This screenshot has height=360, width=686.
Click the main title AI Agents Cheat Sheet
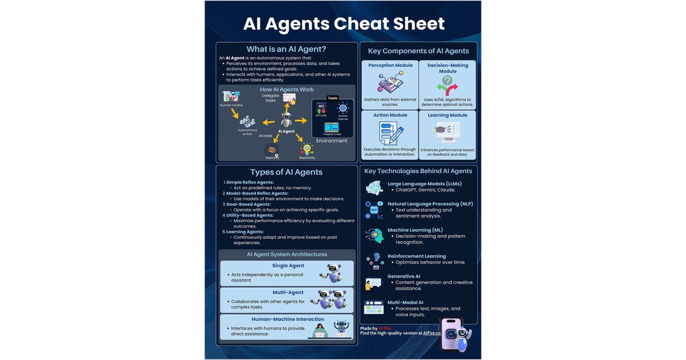[344, 23]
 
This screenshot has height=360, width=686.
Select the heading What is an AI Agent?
[286, 49]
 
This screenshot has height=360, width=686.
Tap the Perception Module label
[390, 65]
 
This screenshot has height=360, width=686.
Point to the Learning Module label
[447, 115]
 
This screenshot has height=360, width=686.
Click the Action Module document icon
[390, 133]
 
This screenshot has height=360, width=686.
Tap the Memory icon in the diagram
[272, 150]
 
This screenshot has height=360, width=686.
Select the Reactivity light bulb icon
[307, 148]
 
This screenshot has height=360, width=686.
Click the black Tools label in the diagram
[332, 98]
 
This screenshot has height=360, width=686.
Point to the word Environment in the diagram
[332, 141]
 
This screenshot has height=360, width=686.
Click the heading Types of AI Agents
[286, 172]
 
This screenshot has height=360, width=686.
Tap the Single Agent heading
[288, 266]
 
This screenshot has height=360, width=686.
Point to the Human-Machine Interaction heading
[288, 319]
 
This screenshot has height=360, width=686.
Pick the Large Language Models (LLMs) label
[424, 183]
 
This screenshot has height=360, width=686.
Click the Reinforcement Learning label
[417, 256]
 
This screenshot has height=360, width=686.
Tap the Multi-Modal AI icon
[374, 307]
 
